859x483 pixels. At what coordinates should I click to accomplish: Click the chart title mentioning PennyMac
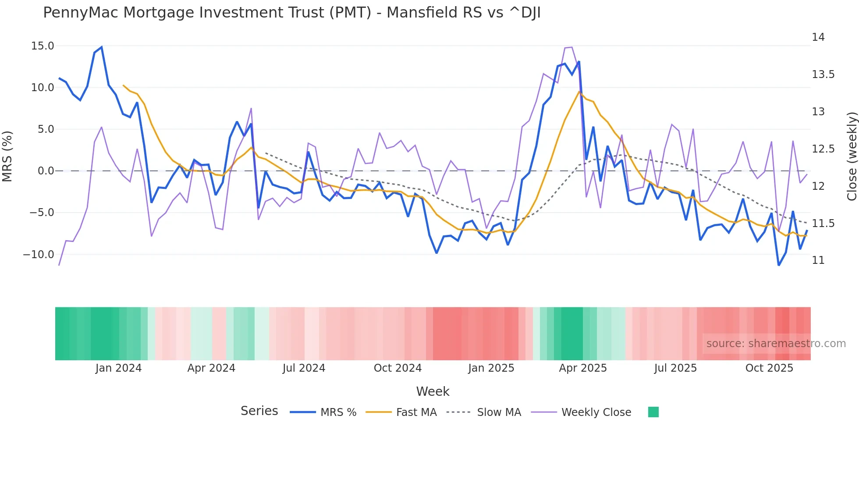pyautogui.click(x=291, y=13)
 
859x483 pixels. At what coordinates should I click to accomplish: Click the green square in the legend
pyautogui.click(x=653, y=412)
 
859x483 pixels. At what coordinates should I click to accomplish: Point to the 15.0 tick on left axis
pyautogui.click(x=43, y=46)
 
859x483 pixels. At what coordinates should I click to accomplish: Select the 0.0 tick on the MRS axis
pyautogui.click(x=46, y=171)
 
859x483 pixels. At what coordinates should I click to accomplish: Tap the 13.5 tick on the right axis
pyautogui.click(x=823, y=75)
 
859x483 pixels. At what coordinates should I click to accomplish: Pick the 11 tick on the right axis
pyautogui.click(x=818, y=260)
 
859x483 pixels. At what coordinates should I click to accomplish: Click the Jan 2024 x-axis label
pyautogui.click(x=118, y=368)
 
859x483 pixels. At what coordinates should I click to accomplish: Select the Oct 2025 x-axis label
pyautogui.click(x=769, y=368)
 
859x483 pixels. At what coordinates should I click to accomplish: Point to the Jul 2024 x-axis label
pyautogui.click(x=304, y=368)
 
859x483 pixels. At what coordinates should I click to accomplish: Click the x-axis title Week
pyautogui.click(x=433, y=391)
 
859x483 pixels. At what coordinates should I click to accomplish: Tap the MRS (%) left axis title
pyautogui.click(x=7, y=156)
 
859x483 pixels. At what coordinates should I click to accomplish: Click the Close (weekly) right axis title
pyautogui.click(x=852, y=156)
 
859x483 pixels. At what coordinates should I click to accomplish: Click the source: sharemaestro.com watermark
pyautogui.click(x=776, y=344)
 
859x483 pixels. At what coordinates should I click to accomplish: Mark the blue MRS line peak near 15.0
pyautogui.click(x=102, y=47)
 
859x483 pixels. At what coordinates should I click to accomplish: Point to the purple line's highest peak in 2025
pyautogui.click(x=571, y=47)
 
